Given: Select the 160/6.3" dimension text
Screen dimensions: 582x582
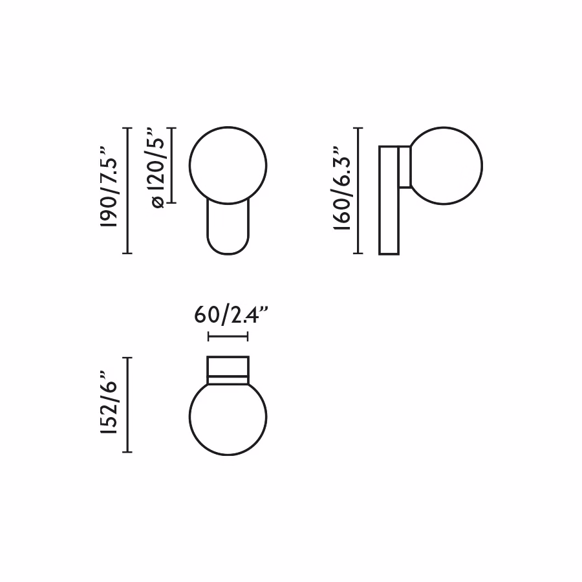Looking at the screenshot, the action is pos(342,188).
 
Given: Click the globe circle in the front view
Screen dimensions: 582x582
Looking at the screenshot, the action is pos(189,166).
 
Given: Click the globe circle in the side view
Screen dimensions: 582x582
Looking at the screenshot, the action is pos(482,166).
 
